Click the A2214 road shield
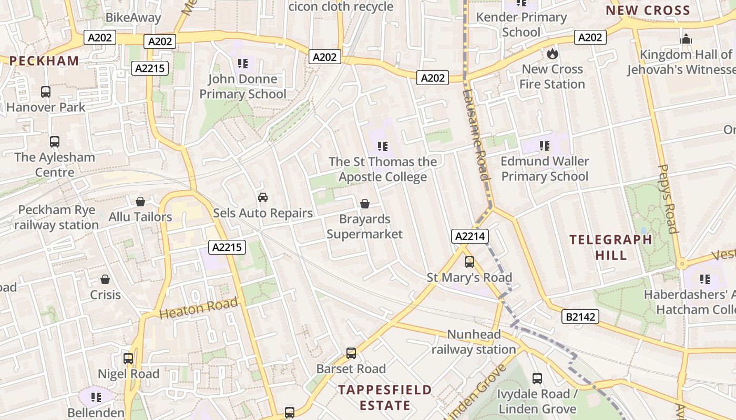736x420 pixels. pos(469,236)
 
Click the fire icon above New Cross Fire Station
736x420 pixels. pos(552,54)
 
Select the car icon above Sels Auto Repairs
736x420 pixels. pos(262,197)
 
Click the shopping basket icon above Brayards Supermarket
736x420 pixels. pos(364,203)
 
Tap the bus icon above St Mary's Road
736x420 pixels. pos(469,261)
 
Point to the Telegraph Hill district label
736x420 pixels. pos(611,247)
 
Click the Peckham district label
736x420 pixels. pos(44,61)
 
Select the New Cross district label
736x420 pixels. pos(648,10)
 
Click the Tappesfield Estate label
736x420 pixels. pos(385,397)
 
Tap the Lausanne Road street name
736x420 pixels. pos(476,134)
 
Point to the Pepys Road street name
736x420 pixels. pos(667,198)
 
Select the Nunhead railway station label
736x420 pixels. pos(474,342)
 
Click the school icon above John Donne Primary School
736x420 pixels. pos(242,64)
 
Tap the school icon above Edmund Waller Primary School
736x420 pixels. pos(544,145)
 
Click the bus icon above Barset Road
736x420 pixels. pos(351,353)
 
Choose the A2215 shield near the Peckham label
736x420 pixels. pos(150,68)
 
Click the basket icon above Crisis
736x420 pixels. pos(105,279)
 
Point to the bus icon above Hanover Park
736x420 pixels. pos(46,92)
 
